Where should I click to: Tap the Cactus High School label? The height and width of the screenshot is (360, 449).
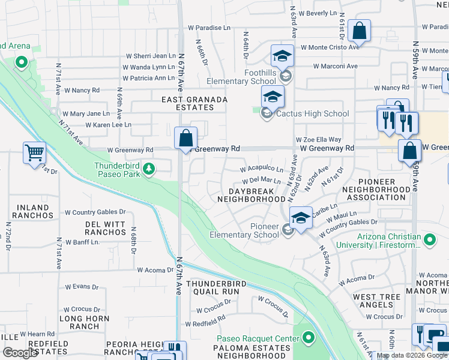312,113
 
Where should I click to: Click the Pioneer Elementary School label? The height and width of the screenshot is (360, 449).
244,230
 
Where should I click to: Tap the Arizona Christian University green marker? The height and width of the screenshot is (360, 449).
429,241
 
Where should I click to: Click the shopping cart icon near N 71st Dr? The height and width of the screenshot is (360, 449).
34,152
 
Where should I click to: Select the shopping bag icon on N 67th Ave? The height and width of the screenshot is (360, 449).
186,137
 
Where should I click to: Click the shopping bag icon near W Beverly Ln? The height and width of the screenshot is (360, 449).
359,31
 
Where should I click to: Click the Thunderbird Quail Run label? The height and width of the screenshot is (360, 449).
213,287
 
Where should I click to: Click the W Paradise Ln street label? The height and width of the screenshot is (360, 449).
209,28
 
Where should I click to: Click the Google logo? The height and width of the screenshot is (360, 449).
20,353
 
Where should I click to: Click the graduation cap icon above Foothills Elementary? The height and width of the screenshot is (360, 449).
282,56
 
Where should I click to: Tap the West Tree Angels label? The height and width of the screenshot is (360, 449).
377,301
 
